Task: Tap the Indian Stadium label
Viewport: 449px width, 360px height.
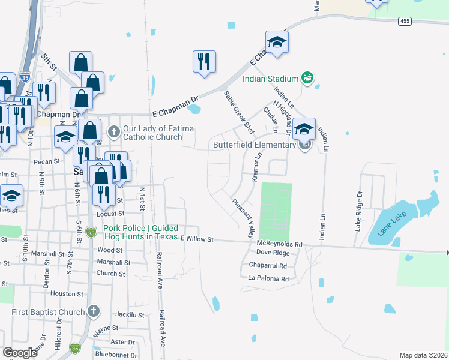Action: [x=270, y=79]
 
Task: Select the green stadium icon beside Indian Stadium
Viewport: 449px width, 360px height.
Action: [x=307, y=78]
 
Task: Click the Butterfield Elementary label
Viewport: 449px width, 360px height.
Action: [x=255, y=145]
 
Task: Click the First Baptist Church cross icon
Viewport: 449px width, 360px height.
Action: [x=92, y=311]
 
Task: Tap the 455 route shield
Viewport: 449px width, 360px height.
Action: [x=404, y=21]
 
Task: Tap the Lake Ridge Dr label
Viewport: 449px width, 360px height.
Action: [x=359, y=211]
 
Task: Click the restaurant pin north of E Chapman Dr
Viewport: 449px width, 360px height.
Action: [x=204, y=62]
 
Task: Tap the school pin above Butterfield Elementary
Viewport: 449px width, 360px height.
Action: [x=304, y=128]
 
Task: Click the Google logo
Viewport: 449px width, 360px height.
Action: [x=20, y=353]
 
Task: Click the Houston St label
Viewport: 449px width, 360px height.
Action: [x=67, y=293]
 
